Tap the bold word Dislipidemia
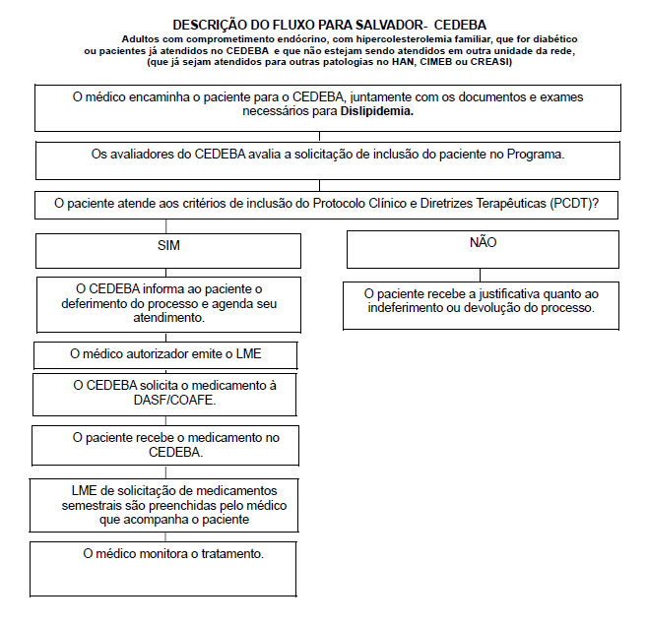[377, 112]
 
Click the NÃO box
[483, 248]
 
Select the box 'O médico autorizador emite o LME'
[165, 353]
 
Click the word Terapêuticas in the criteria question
[523, 204]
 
